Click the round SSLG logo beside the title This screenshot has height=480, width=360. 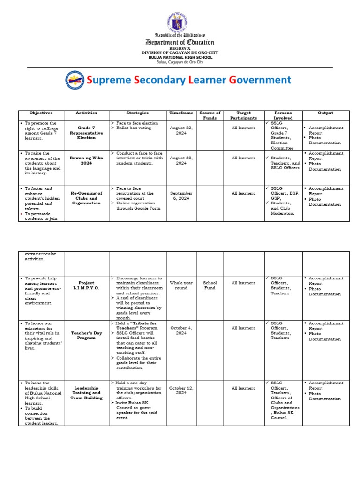pos(75,80)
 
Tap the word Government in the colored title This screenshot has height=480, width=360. pos(260,80)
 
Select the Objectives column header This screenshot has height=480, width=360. pos(41,113)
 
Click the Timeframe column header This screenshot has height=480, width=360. pos(181,113)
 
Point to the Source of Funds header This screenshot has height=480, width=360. pos(210,115)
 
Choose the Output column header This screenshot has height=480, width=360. pos(325,113)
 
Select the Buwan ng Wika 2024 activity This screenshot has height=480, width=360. pos(86,161)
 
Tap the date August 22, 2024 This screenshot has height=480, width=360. pos(181,130)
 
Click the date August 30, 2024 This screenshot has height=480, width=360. pos(181,161)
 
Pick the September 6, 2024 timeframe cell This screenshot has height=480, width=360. pos(181,196)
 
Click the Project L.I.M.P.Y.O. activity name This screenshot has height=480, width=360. pos(86,285)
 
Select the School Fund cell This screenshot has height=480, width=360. pos(210,285)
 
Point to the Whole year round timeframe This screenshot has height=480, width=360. pos(181,285)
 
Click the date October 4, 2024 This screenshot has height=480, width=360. pos(181,330)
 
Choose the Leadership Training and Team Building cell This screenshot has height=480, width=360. pos(86,393)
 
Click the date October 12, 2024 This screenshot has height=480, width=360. pos(181,390)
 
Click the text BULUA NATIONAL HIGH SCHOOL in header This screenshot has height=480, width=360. pos(180,57)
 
